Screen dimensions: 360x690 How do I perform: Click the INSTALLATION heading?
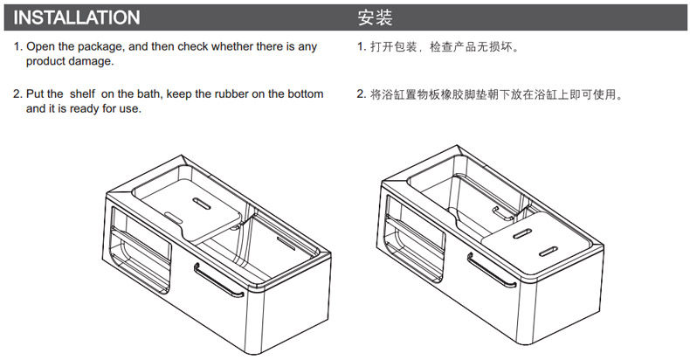(77, 17)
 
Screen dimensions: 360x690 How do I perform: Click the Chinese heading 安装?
(375, 17)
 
